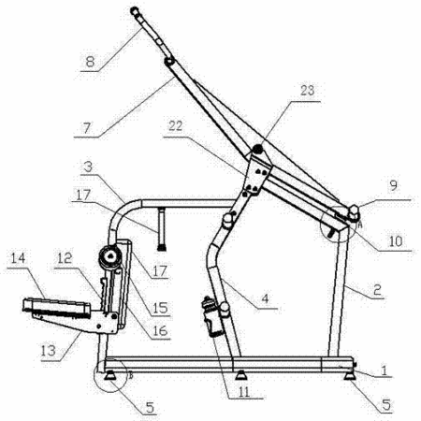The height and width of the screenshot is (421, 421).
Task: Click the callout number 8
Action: [x=90, y=61]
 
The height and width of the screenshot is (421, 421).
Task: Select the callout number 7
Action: [x=87, y=127]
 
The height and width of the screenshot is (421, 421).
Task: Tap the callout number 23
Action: [x=307, y=91]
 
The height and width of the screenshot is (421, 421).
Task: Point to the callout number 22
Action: [x=175, y=126]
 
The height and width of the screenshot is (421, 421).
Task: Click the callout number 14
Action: [x=18, y=258]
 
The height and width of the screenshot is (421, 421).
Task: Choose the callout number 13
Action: [x=48, y=351]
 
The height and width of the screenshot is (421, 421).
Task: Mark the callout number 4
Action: [x=265, y=298]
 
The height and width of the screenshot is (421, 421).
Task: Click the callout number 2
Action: [x=377, y=290]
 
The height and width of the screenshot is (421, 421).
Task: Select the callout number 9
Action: [x=394, y=185]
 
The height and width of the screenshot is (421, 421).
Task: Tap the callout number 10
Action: [x=396, y=240]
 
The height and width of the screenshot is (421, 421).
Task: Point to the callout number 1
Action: [x=385, y=370]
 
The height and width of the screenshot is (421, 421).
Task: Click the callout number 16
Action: [x=160, y=330]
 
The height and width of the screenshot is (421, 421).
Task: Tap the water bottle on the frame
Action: [x=211, y=317]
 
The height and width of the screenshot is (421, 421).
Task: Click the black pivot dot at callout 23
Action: [x=257, y=150]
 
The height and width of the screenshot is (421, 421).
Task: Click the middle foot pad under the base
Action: [x=240, y=375]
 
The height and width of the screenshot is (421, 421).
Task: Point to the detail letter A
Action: [x=360, y=225]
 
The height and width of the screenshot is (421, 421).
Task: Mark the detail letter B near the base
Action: [x=131, y=376]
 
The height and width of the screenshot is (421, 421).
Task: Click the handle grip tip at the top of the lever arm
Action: [x=134, y=10]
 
